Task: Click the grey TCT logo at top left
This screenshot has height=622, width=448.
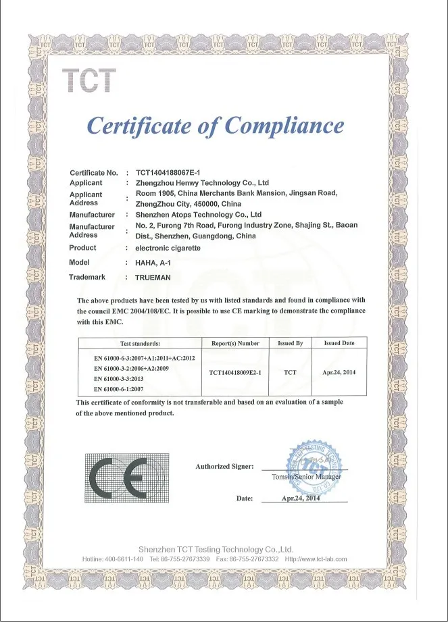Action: coord(89,81)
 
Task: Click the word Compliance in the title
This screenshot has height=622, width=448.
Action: coord(284,126)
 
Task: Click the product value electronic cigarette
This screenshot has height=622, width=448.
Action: coord(168,248)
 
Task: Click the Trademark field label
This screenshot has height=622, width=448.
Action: coord(87,277)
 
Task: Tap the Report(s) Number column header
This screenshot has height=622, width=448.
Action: coord(235,343)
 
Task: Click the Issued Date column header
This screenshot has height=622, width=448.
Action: coord(339,343)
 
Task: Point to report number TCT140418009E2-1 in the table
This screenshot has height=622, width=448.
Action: coord(235,372)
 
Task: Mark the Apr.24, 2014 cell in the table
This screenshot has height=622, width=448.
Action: coord(339,372)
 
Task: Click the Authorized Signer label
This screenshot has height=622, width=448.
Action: coord(224,467)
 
